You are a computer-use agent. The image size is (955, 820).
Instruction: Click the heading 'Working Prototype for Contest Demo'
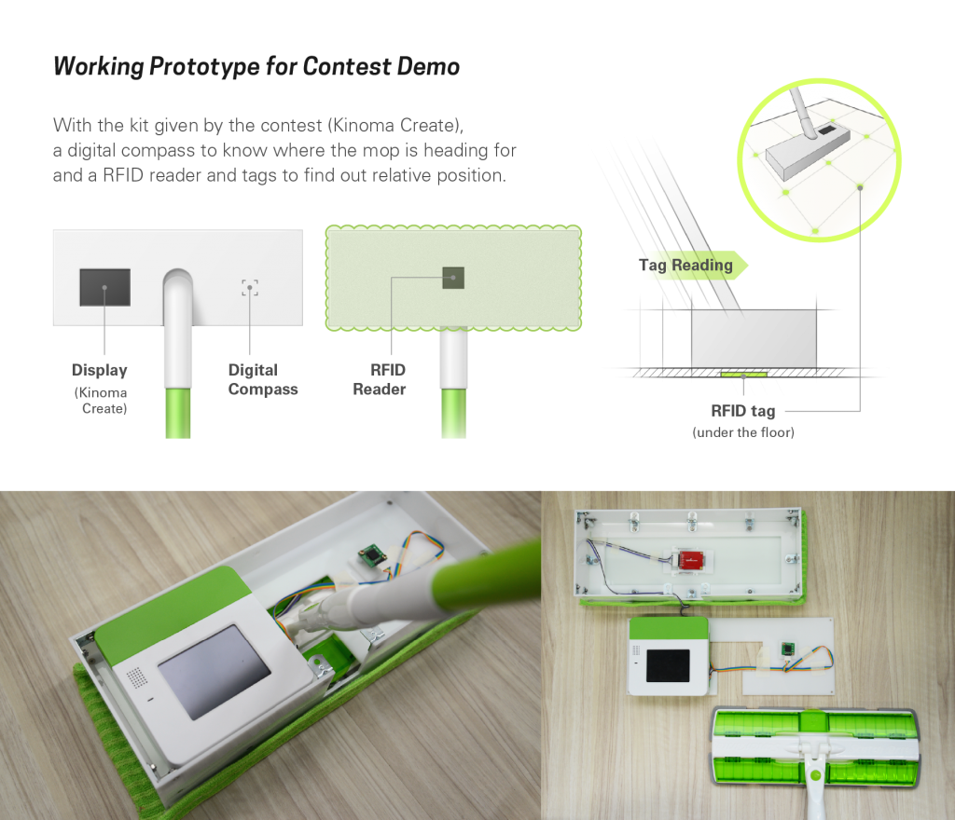[x=256, y=66]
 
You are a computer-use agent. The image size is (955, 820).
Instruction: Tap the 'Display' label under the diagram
[x=99, y=370]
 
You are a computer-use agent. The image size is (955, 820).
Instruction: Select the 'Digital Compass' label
[x=263, y=379]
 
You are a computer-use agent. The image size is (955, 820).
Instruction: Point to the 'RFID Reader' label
[x=380, y=379]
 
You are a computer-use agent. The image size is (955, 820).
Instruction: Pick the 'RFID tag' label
[x=743, y=411]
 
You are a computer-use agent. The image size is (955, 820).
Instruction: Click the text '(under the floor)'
[x=743, y=432]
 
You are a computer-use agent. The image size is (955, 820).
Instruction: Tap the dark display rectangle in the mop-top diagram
[x=104, y=287]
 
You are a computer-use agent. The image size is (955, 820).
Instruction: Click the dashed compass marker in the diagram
[x=250, y=288]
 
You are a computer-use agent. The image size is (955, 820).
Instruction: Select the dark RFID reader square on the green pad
[x=453, y=278]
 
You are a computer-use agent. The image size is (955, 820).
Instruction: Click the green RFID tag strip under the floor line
[x=743, y=374]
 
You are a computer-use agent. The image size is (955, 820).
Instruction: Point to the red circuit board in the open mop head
[x=691, y=560]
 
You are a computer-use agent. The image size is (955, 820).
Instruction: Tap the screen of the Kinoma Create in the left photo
[x=215, y=671]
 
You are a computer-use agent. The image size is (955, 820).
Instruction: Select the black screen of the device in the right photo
[x=668, y=665]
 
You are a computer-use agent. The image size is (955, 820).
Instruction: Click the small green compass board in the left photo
[x=372, y=555]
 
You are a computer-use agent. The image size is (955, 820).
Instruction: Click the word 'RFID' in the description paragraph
[x=123, y=175]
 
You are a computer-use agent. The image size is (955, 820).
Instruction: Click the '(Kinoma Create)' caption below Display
[x=101, y=401]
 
